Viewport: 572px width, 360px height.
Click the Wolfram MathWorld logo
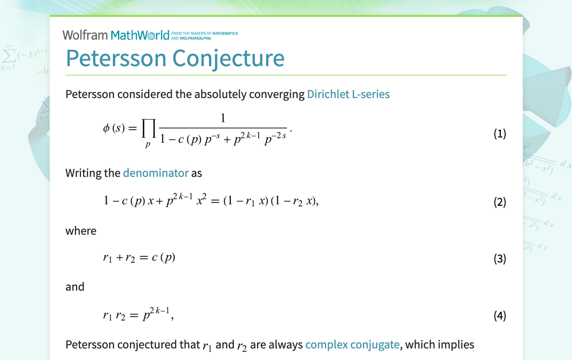click(116, 35)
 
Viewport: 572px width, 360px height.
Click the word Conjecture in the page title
click(228, 58)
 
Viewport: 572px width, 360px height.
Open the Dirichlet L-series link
click(348, 94)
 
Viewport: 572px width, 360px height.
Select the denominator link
click(156, 173)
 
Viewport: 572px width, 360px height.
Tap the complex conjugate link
click(352, 345)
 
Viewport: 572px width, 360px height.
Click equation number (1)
click(499, 133)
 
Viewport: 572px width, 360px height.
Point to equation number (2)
click(499, 202)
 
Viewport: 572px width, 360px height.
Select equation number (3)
click(499, 259)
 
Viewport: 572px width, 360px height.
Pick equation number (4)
click(499, 315)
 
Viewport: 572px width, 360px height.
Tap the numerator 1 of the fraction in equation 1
click(223, 118)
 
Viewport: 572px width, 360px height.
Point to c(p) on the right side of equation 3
click(164, 258)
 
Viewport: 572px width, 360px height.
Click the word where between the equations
click(81, 231)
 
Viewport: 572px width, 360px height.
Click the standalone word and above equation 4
click(75, 287)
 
